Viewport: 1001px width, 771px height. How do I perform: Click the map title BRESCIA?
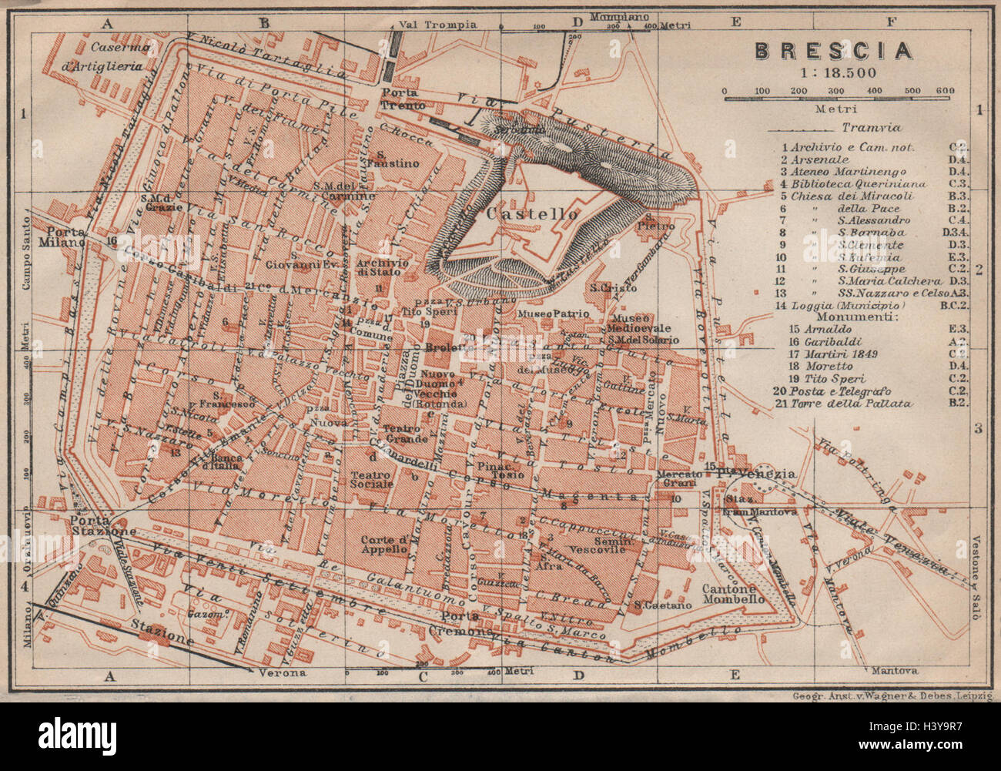pos(833,51)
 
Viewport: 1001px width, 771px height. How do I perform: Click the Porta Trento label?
pos(398,99)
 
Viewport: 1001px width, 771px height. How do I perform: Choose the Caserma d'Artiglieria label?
pos(112,57)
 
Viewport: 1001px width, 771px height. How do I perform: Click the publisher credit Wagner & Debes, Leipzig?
pos(892,696)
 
